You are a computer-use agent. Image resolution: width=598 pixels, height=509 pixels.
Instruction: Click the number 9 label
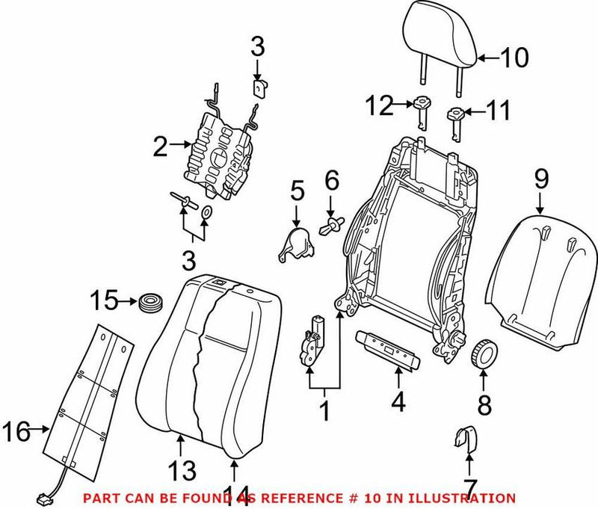(541, 179)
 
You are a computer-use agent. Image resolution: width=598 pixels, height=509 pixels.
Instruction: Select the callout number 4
(398, 403)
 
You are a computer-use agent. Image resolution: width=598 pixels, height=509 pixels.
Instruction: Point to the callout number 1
(324, 410)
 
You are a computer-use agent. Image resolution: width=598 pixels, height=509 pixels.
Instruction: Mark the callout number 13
(182, 470)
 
